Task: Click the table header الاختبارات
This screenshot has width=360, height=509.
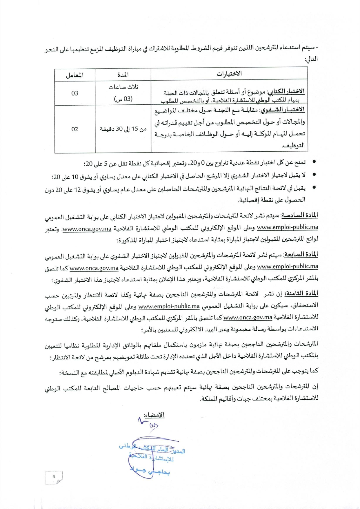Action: [229, 74]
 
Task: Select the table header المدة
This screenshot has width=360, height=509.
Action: [123, 75]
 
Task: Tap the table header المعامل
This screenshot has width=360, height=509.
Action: [75, 75]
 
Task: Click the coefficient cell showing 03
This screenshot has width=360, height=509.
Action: [75, 93]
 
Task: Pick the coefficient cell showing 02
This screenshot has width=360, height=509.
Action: [75, 129]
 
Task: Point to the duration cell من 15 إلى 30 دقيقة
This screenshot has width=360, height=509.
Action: [123, 129]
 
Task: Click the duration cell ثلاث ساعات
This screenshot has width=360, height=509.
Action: [123, 87]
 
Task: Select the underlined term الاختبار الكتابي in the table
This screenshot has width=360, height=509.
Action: [286, 92]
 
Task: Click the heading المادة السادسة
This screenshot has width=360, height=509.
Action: [300, 215]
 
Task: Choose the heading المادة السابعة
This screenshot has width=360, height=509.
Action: [301, 255]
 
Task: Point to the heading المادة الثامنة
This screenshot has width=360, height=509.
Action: [301, 294]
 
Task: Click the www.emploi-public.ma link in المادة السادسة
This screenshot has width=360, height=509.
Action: [287, 227]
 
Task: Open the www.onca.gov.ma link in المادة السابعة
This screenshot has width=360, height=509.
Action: [94, 268]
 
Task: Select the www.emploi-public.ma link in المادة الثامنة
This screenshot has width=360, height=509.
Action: [169, 306]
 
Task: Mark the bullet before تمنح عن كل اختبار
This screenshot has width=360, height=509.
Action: [314, 162]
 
